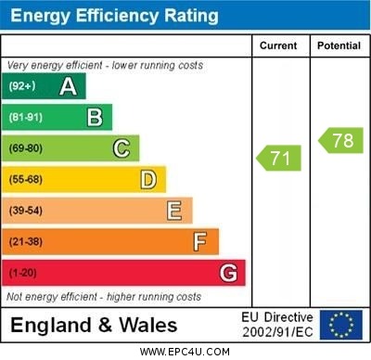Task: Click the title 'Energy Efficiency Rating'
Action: (115, 16)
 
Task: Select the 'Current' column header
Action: (278, 45)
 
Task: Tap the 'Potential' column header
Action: (339, 45)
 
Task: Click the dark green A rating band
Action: (45, 86)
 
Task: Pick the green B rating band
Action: (58, 117)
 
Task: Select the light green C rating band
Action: (70, 148)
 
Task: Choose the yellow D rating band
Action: (83, 179)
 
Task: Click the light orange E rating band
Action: (97, 211)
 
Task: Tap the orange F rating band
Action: (110, 241)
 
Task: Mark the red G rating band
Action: (123, 273)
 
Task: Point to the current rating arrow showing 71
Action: (279, 158)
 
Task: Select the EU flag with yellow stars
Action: (341, 325)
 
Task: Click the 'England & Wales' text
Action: (94, 326)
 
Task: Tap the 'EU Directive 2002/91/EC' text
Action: (277, 325)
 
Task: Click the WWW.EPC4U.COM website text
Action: (185, 352)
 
